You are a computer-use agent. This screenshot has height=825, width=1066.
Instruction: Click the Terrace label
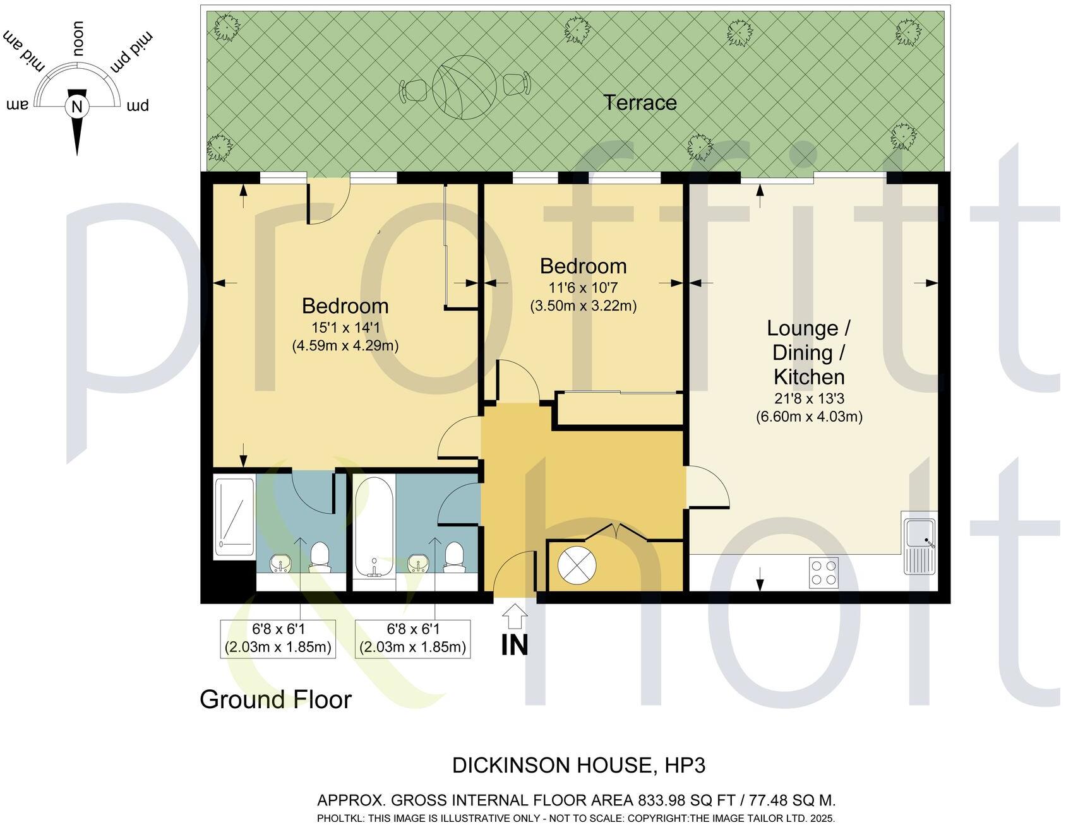[x=640, y=102]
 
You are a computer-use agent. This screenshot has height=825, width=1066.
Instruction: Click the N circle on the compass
[x=77, y=106]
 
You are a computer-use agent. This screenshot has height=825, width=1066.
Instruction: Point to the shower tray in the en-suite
[x=234, y=517]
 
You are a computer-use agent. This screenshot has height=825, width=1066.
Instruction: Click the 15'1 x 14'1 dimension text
[x=345, y=328]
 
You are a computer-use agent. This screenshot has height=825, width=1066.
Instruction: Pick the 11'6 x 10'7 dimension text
[x=582, y=288]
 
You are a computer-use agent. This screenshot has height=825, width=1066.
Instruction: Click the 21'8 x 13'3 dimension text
[x=809, y=398]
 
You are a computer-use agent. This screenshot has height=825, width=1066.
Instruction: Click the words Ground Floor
[x=275, y=699]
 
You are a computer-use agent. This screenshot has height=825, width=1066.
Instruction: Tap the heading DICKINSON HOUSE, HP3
[x=578, y=766]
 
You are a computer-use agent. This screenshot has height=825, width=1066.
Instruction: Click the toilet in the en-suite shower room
[x=320, y=557]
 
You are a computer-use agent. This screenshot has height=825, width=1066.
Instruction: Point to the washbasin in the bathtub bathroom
[x=417, y=562]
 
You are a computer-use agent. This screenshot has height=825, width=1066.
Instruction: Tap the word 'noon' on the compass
[x=79, y=39]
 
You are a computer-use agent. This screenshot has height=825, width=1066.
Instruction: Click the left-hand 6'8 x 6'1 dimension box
[x=278, y=638]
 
